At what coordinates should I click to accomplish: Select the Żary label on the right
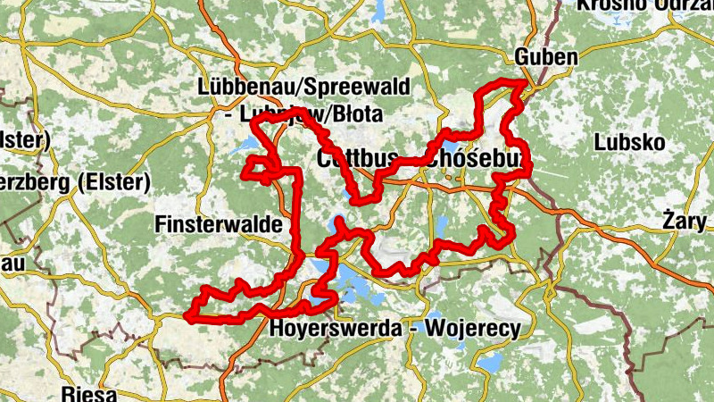(685, 220)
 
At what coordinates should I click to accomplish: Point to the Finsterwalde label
(212, 223)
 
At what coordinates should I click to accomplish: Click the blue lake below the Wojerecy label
(489, 362)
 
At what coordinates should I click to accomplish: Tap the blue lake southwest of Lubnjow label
(245, 143)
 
